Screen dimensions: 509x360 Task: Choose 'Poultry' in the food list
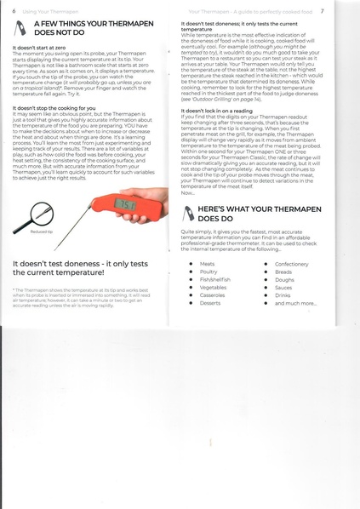209,272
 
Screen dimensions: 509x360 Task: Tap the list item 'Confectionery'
292,265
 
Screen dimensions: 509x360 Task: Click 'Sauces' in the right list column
284,288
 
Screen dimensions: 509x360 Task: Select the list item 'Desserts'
210,303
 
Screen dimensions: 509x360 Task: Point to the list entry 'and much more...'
293,303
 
